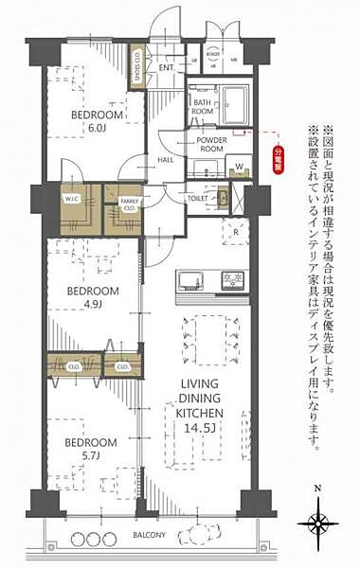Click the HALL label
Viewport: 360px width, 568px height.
pyautogui.click(x=165, y=161)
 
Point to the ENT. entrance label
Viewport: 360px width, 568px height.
pyautogui.click(x=168, y=67)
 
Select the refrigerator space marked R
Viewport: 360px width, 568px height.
pyautogui.click(x=234, y=231)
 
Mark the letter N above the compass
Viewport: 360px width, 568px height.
pyautogui.click(x=318, y=490)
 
